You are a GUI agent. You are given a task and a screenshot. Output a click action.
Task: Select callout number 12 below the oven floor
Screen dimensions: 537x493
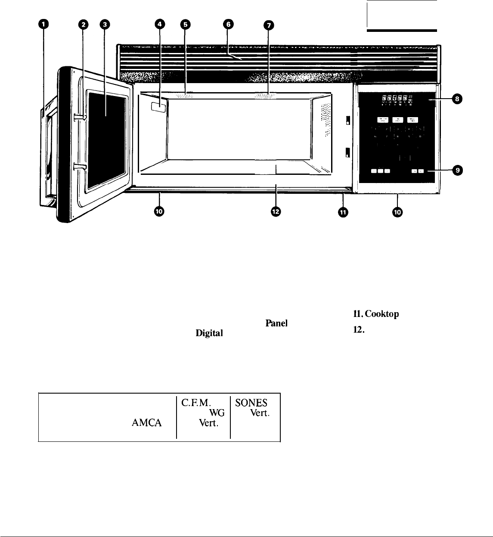(x=276, y=212)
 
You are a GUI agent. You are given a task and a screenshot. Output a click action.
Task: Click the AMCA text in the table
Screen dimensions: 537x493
(x=146, y=423)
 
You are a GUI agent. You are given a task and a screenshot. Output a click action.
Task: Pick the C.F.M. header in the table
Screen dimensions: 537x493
(x=195, y=404)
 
